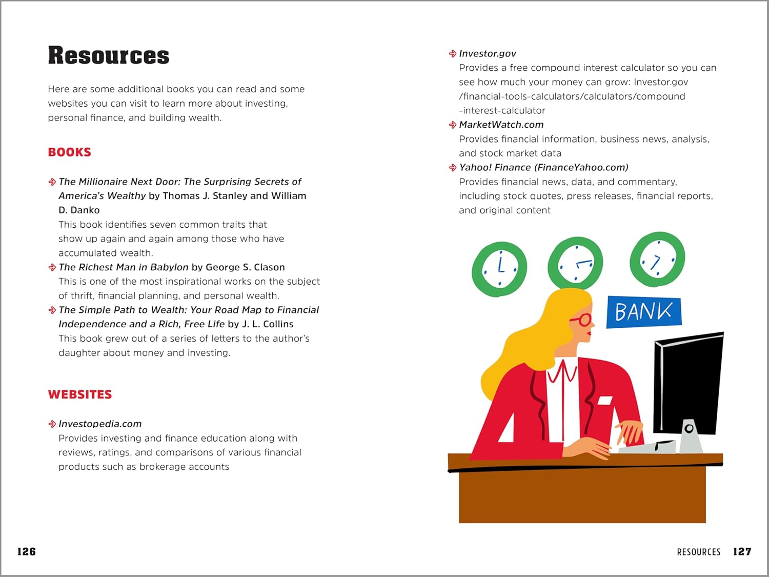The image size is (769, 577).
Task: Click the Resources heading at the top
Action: [x=109, y=55]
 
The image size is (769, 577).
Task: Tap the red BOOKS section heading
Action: [x=69, y=152]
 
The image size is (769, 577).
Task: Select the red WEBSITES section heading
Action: [x=80, y=394]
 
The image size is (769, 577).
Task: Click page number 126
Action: [x=27, y=551]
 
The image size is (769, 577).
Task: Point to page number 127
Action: [x=742, y=551]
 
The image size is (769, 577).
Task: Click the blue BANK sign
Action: [x=644, y=311]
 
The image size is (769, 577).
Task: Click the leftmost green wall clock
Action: [x=499, y=269]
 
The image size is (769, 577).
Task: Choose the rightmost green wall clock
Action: [x=657, y=260]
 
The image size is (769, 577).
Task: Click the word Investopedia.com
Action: [x=100, y=424]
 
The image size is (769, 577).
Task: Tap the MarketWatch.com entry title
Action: [x=501, y=125]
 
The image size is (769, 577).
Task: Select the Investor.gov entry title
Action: [x=487, y=53]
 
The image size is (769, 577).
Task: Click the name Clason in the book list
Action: [x=269, y=267]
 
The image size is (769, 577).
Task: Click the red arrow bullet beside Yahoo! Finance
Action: [x=452, y=168]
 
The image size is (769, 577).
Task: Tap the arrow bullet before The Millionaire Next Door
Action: [x=52, y=182]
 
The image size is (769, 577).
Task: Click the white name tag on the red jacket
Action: [x=605, y=400]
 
